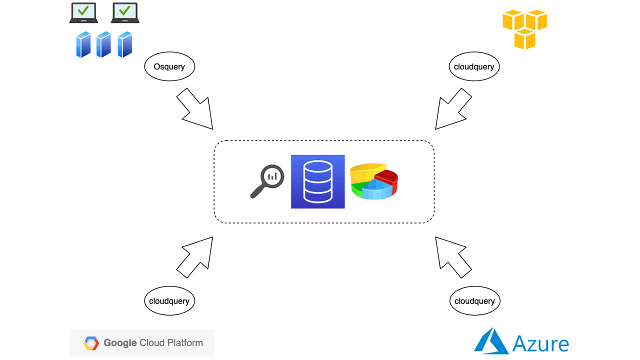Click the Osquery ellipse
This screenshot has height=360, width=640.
169,66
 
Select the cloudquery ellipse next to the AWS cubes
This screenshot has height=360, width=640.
474,66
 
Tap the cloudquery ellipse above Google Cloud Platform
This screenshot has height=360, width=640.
169,301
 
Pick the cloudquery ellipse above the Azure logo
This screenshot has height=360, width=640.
474,301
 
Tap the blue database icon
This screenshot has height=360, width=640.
318,181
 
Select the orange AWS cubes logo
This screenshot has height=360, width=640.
524,29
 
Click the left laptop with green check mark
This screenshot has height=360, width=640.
83,13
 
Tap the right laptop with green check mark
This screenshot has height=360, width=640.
125,13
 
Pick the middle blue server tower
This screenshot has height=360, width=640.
103,44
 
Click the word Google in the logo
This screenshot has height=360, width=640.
120,343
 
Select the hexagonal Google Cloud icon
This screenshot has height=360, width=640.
91,343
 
